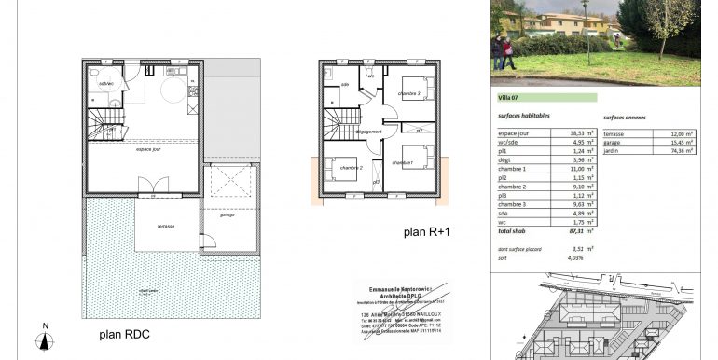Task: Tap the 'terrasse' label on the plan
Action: click(167, 227)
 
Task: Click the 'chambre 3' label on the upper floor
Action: click(409, 95)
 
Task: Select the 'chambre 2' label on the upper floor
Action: click(351, 168)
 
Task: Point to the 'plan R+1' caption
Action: click(427, 234)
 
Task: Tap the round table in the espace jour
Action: click(173, 90)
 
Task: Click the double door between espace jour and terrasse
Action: click(147, 195)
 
